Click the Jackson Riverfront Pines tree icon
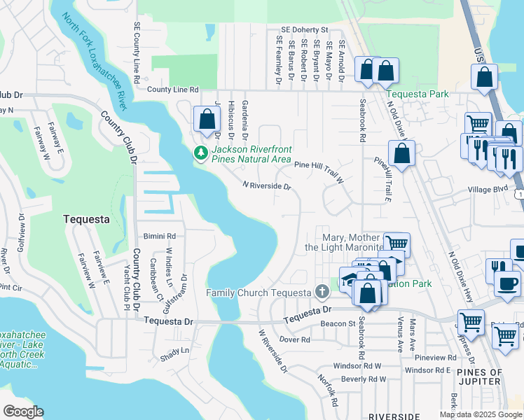coord(201,153)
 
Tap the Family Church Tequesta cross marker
coord(322,291)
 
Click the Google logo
coord(23,412)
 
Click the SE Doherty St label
coord(304,30)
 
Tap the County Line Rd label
coord(172,90)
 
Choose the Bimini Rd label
coord(159,237)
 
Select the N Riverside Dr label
coord(266,185)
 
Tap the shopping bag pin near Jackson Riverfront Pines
coord(207,119)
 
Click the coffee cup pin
coord(506,283)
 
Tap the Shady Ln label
coord(175,350)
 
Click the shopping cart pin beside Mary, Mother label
coord(397,245)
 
